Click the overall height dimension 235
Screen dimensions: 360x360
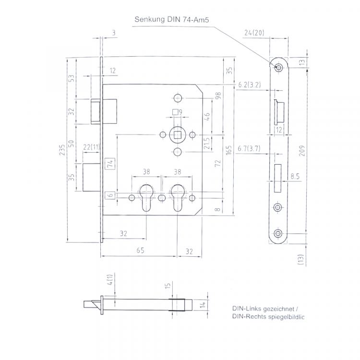point(62,150)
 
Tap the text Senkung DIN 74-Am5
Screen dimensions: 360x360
point(171,20)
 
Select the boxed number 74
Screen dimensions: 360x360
point(110,164)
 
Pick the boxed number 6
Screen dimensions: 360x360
point(110,195)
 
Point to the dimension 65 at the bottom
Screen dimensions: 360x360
point(140,250)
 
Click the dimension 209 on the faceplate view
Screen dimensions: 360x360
point(302,151)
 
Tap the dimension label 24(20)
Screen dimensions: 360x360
point(254,33)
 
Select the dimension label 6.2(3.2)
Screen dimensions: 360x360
point(250,84)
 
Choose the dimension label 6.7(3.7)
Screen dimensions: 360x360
point(249,148)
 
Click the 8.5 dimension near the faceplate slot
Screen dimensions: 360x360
point(295,176)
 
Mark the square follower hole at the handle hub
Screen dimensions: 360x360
point(177,135)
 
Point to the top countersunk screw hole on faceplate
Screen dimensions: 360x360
point(279,68)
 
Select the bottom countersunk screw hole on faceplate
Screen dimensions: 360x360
point(278,233)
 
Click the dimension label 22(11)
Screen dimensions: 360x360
point(92,147)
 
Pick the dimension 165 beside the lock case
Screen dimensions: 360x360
point(228,150)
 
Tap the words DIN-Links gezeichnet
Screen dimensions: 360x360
point(263,309)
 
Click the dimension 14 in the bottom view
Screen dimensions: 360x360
point(203,305)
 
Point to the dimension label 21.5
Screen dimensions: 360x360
point(206,143)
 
